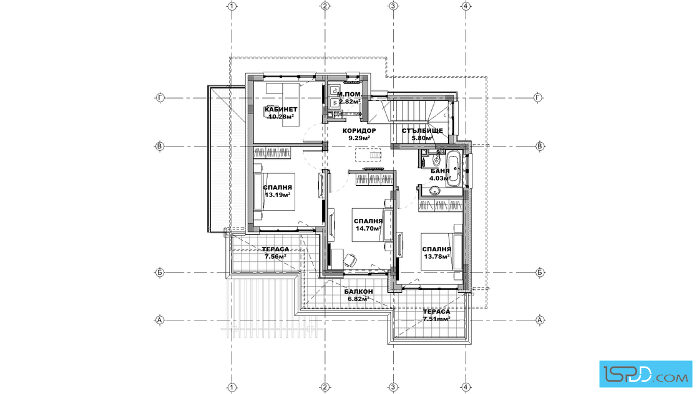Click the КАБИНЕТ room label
(x=281, y=110)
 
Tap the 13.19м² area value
(x=278, y=195)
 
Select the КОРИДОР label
(x=359, y=131)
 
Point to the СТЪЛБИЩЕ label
(x=422, y=131)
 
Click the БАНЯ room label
(x=440, y=171)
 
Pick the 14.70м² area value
(x=368, y=228)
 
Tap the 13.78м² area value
(x=436, y=256)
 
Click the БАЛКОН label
(x=359, y=292)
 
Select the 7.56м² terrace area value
(x=275, y=256)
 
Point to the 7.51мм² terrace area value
(x=436, y=319)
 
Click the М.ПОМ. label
(x=349, y=94)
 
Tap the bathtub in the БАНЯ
(x=454, y=169)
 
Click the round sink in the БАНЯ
(x=434, y=191)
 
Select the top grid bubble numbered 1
(x=232, y=6)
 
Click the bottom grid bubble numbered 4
(x=466, y=387)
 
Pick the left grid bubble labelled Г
(x=160, y=97)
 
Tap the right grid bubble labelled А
(x=540, y=320)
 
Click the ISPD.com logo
(x=645, y=374)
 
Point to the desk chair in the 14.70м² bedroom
(x=350, y=259)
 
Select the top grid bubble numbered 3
(x=393, y=6)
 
